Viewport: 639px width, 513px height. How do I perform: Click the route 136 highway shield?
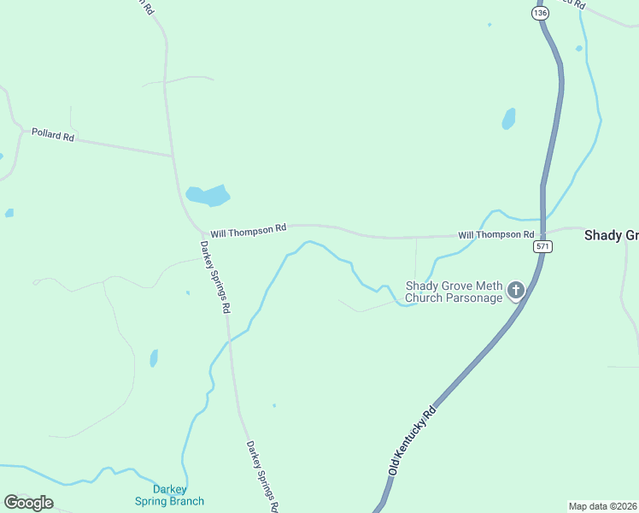click(x=539, y=13)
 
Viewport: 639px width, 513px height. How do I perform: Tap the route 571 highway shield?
click(x=542, y=246)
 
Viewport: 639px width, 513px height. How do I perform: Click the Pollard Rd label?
click(x=53, y=135)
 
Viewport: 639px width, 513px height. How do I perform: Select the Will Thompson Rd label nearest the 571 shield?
click(x=495, y=234)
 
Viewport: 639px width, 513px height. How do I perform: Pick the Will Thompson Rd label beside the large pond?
click(x=248, y=230)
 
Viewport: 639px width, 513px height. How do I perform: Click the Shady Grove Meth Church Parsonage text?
click(x=453, y=292)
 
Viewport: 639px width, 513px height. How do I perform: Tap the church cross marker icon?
click(x=515, y=291)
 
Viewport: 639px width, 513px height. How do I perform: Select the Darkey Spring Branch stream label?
click(x=169, y=495)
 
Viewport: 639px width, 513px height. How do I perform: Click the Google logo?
click(x=28, y=503)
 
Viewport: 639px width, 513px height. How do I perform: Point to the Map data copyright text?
click(x=602, y=505)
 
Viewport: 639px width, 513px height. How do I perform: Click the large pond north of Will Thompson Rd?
click(x=208, y=196)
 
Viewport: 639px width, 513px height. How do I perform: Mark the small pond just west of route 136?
click(x=508, y=118)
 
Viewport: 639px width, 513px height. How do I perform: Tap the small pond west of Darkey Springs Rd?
click(x=154, y=357)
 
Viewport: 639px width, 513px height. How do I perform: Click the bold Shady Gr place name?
click(x=611, y=235)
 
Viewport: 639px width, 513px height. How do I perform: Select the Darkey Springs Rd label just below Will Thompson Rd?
click(x=216, y=276)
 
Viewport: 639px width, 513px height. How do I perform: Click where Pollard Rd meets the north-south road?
click(x=173, y=156)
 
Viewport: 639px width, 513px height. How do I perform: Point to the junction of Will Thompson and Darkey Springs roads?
click(x=202, y=232)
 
